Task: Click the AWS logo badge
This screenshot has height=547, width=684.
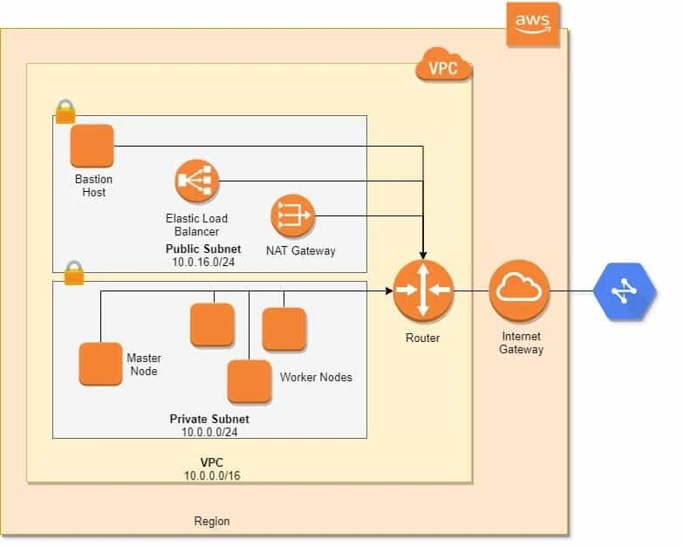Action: (533, 23)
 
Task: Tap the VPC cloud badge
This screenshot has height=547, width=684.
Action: (444, 65)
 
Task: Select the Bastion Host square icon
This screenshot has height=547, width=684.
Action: (92, 146)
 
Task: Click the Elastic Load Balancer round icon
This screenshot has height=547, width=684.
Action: (196, 181)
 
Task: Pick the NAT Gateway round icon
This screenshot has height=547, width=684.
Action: (292, 215)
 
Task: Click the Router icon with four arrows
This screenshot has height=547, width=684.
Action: (422, 291)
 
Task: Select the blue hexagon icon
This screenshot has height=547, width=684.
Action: (624, 291)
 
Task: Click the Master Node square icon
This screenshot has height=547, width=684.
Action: (100, 364)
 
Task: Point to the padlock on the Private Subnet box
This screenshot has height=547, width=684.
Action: (74, 272)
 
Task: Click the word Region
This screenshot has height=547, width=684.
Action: (212, 521)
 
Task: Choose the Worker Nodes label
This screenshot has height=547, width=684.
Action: (316, 378)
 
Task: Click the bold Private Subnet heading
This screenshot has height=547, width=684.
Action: (209, 420)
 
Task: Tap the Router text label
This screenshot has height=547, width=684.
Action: (422, 338)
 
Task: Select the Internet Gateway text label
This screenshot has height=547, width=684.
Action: (521, 343)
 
